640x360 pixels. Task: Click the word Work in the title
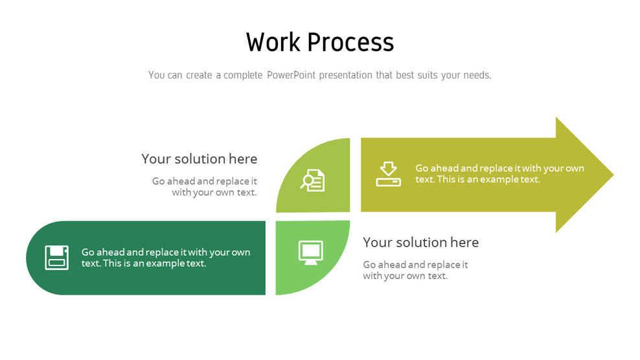(x=273, y=43)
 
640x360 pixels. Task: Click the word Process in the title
(x=350, y=43)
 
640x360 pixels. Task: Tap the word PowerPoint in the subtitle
(x=290, y=75)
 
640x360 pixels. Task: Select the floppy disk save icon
(x=56, y=257)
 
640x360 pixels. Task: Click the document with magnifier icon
(x=313, y=180)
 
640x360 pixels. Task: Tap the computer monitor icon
(x=310, y=252)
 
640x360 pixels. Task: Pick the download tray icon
(x=388, y=174)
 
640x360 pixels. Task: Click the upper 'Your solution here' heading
(x=199, y=159)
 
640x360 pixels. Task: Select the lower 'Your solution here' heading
(x=420, y=243)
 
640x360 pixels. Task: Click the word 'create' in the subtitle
(x=198, y=75)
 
